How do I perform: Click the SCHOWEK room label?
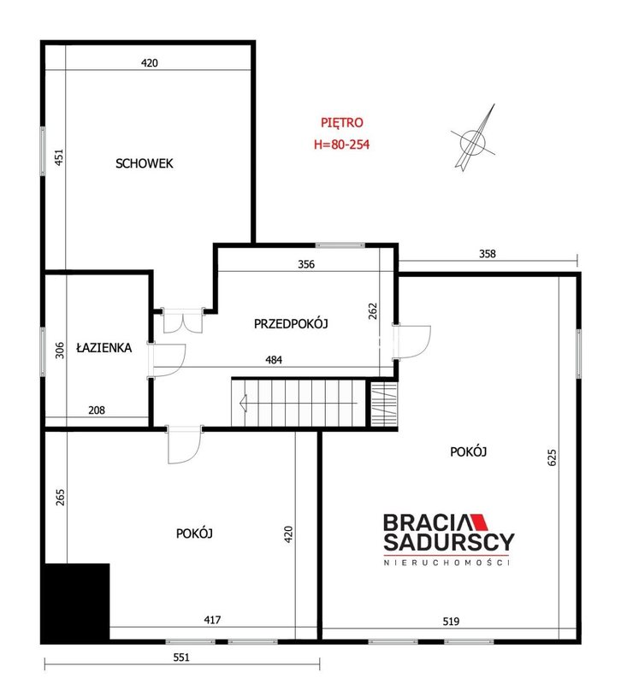pyautogui.click(x=144, y=163)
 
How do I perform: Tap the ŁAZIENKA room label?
pyautogui.click(x=103, y=347)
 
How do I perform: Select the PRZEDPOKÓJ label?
pyautogui.click(x=291, y=324)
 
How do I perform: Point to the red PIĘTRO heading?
pyautogui.click(x=341, y=122)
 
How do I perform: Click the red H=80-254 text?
pyautogui.click(x=341, y=144)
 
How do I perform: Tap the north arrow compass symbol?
pyautogui.click(x=474, y=139)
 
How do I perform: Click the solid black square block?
pyautogui.click(x=76, y=602)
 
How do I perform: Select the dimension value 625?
pyautogui.click(x=552, y=457)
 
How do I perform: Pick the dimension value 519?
pyautogui.click(x=451, y=622)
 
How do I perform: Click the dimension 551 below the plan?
pyautogui.click(x=181, y=657)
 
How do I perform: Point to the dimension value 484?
pyautogui.click(x=274, y=360)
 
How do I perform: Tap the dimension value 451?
pyautogui.click(x=59, y=157)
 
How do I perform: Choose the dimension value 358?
pyautogui.click(x=488, y=254)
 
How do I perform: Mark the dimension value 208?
pyautogui.click(x=97, y=410)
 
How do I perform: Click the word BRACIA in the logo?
pyautogui.click(x=426, y=522)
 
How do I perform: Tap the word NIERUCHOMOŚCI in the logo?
pyautogui.click(x=447, y=563)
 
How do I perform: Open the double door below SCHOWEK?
pyautogui.click(x=183, y=321)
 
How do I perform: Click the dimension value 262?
pyautogui.click(x=373, y=311)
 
